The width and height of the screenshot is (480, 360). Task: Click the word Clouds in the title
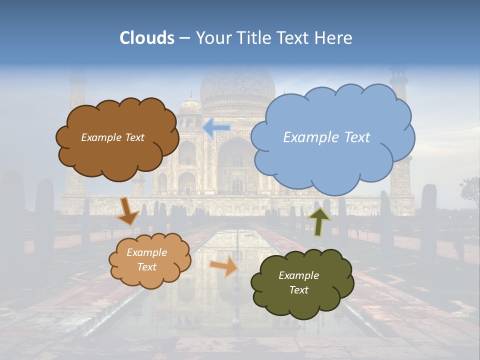pyautogui.click(x=147, y=38)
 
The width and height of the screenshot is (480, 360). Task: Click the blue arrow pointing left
pyautogui.click(x=216, y=128)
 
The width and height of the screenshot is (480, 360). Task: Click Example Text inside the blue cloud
pyautogui.click(x=326, y=137)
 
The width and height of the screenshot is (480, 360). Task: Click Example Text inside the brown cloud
pyautogui.click(x=112, y=137)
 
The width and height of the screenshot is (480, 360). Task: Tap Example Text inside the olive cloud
pyautogui.click(x=298, y=282)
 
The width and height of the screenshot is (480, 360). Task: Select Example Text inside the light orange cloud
pyautogui.click(x=146, y=259)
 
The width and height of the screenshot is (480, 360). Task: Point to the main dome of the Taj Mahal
pyautogui.click(x=238, y=85)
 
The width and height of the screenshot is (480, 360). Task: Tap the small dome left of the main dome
pyautogui.click(x=190, y=107)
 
